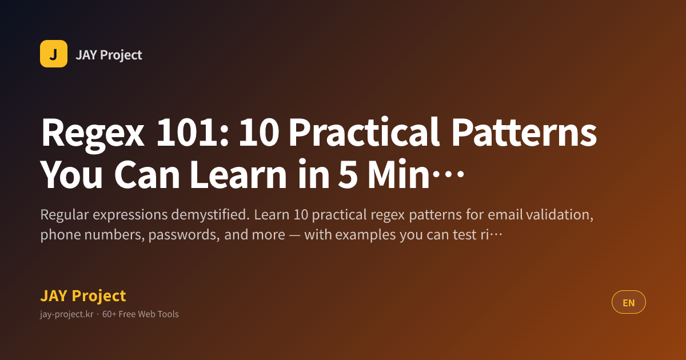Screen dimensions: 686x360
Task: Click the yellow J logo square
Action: pos(54,54)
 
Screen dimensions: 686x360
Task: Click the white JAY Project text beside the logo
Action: pos(109,55)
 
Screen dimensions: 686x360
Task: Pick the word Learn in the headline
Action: pos(238,174)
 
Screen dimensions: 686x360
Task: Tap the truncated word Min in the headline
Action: pos(399,174)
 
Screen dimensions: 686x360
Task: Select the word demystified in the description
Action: pos(210,215)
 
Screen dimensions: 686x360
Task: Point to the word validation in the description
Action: pos(560,215)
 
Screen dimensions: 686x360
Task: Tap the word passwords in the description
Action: pos(184,235)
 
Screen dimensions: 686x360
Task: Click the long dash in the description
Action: pos(294,235)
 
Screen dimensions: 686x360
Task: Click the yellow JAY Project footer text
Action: pos(83,296)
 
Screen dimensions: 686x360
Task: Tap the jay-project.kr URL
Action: pos(66,314)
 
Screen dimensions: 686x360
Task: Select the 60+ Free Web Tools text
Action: pos(140,314)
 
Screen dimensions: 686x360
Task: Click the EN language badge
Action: pos(629,302)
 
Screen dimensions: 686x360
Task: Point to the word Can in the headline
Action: pos(147,174)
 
